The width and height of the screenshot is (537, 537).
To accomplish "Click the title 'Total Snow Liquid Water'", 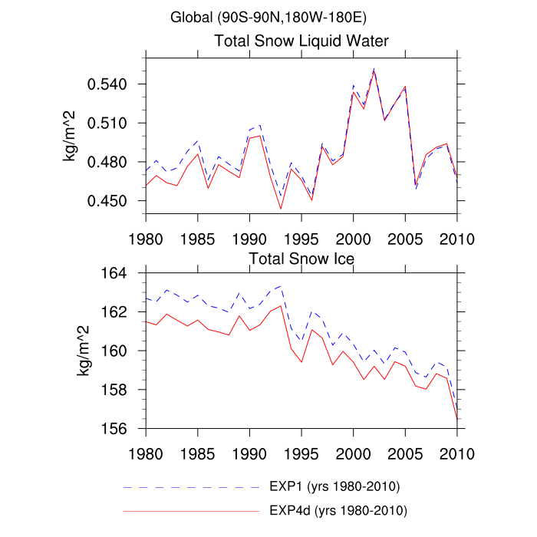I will [301, 41].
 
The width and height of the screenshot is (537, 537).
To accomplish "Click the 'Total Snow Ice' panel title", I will [301, 259].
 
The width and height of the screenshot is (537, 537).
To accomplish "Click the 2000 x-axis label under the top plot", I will [353, 236].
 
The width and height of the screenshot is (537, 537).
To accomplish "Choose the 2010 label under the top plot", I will [456, 236].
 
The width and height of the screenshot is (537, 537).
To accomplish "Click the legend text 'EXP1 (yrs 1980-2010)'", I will [334, 486].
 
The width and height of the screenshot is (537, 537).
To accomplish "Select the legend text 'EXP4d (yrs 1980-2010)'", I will [338, 509].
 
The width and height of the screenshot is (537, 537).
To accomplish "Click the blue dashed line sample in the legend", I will [191, 487].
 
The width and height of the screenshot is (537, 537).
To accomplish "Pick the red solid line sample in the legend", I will [191, 510].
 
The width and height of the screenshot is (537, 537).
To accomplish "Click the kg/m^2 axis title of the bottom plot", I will [81, 351].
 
